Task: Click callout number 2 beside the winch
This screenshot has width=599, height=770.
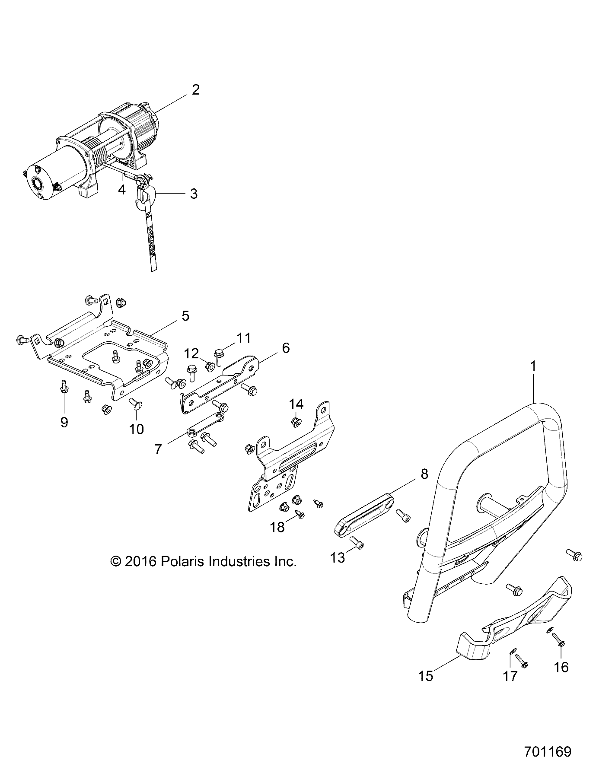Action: (195, 90)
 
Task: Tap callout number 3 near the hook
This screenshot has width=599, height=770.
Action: (194, 194)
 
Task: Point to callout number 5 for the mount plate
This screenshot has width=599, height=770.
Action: (185, 316)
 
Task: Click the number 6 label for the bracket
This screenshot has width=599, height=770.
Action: (286, 348)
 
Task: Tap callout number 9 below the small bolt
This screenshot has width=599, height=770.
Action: (64, 422)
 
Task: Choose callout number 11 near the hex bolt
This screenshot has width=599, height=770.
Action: (244, 337)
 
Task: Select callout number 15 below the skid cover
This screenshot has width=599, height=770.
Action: (426, 675)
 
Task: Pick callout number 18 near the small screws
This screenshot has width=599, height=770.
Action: (277, 527)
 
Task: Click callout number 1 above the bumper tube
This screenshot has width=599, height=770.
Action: (533, 366)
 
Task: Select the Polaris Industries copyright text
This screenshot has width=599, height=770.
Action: (204, 561)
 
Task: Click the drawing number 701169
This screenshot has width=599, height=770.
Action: (548, 751)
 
